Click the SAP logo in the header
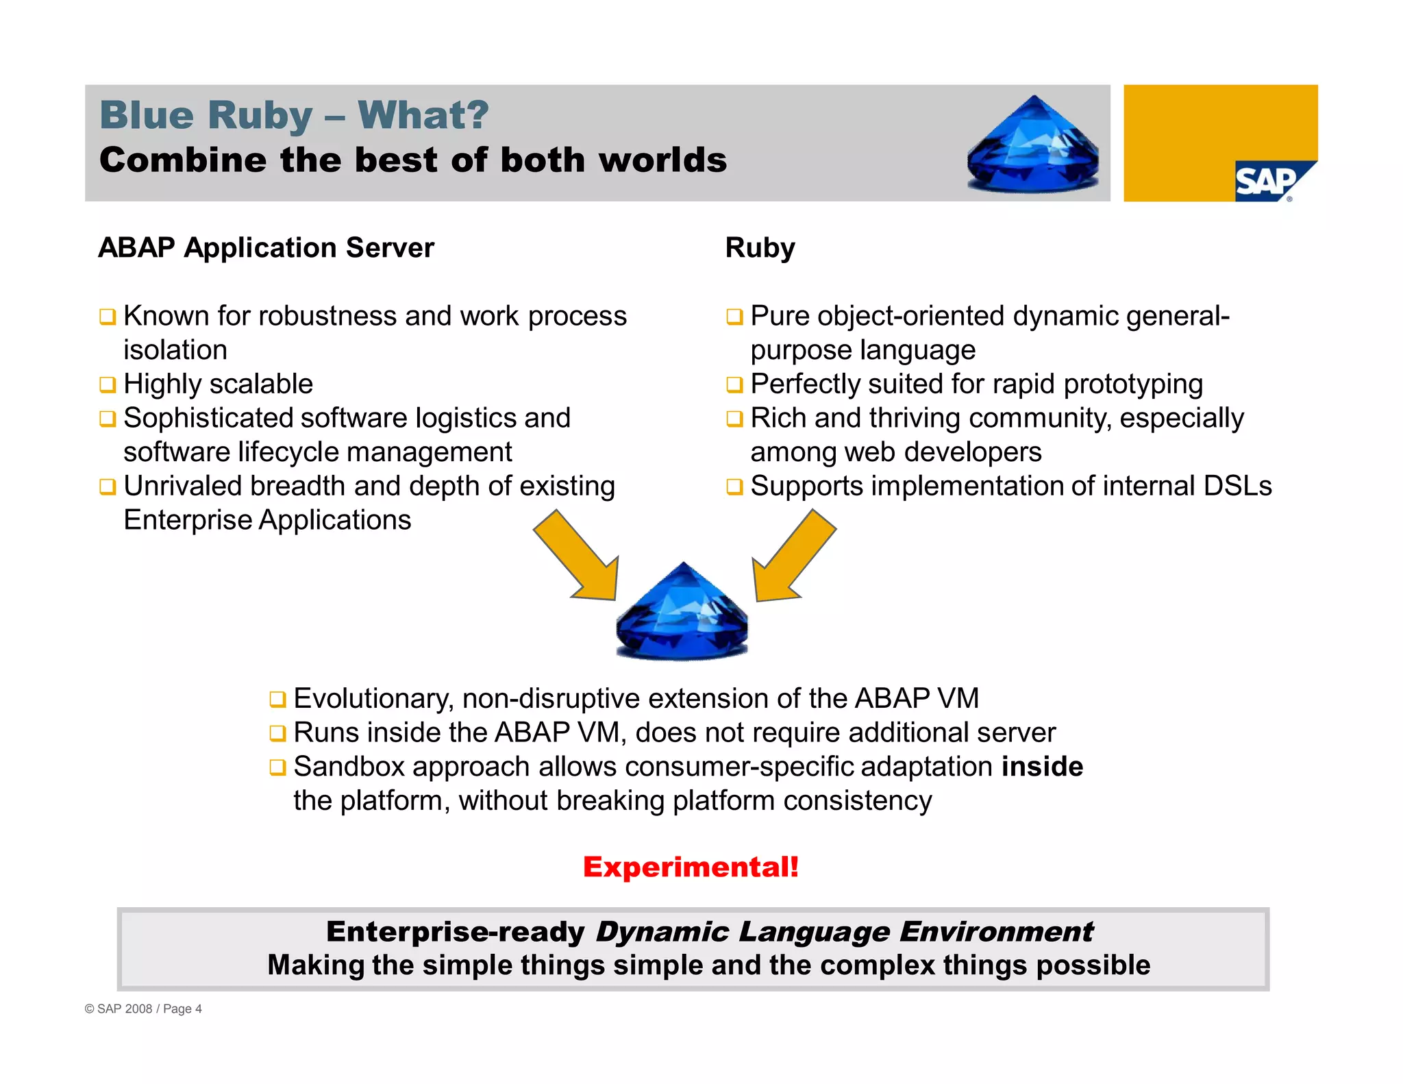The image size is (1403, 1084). coord(1269,182)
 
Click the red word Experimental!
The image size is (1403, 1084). coord(691,867)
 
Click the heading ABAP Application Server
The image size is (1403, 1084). coord(266,247)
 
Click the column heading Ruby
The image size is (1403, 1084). coord(760,247)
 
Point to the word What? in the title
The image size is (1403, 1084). coord(423,114)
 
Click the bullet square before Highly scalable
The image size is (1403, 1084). coord(108,384)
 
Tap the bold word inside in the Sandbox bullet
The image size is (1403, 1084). coord(1041,766)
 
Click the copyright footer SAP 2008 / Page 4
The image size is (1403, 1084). coord(143,1009)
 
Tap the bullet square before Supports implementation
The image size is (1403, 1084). coord(734,487)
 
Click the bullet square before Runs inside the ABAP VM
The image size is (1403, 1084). coord(277,733)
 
